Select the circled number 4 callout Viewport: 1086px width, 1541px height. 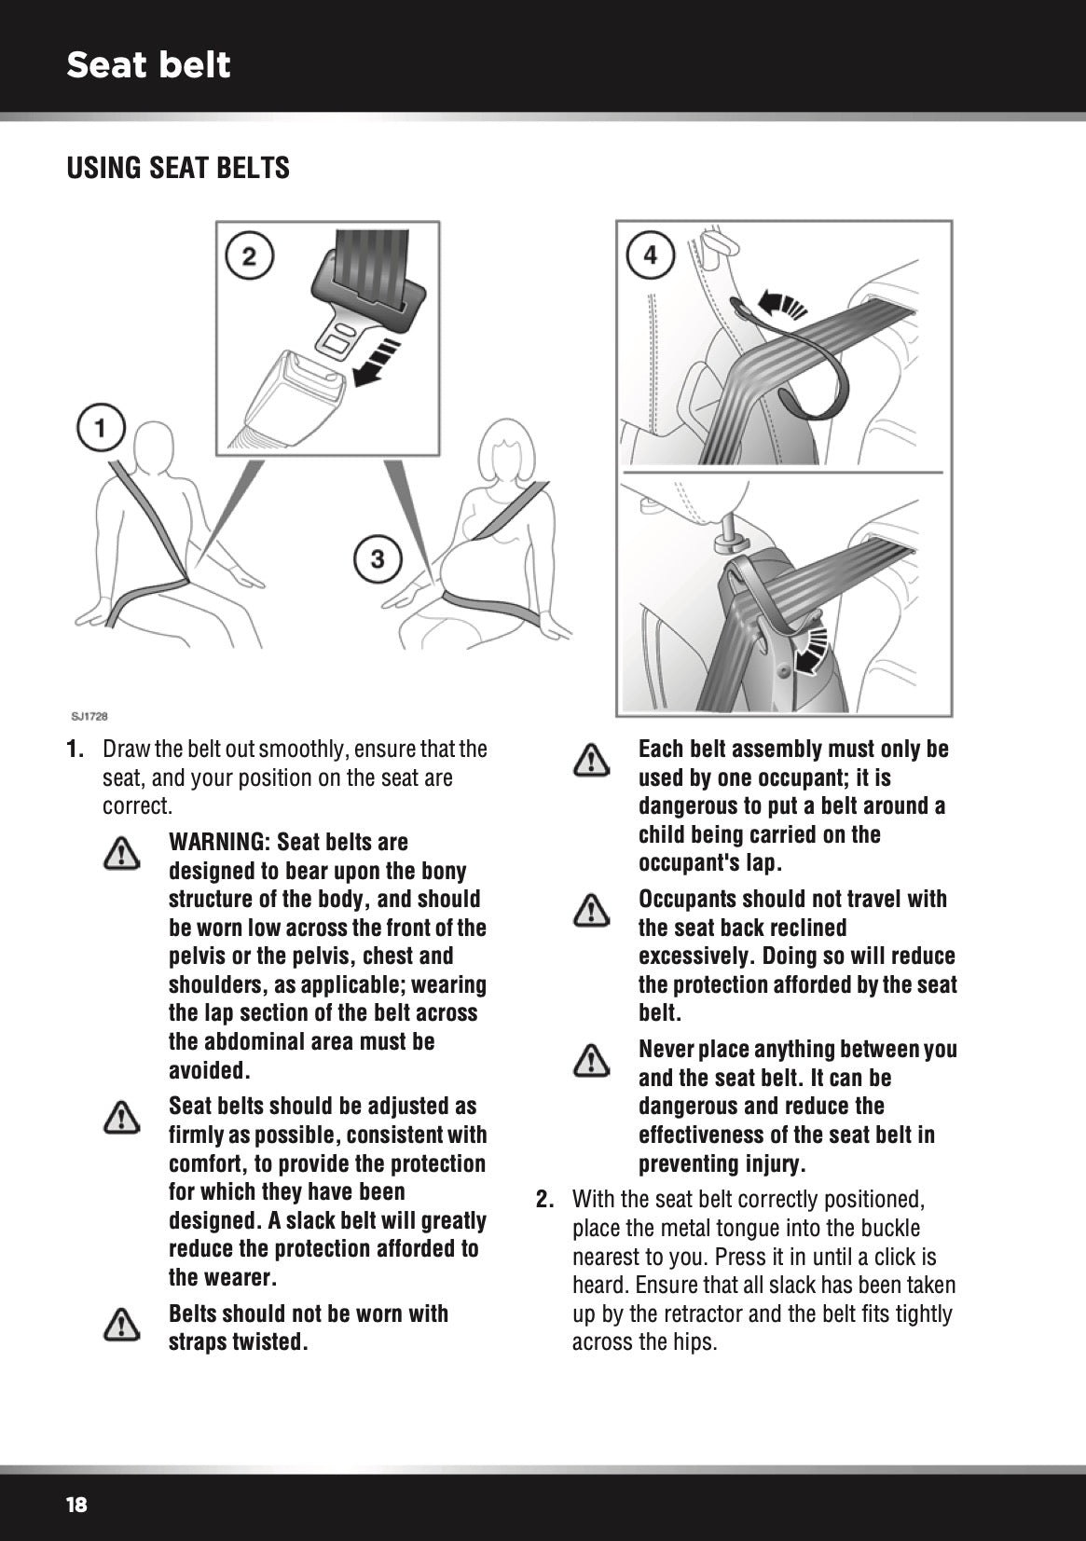point(650,254)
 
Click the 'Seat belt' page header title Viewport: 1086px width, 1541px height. point(148,65)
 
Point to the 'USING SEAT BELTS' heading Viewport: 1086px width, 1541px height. point(178,169)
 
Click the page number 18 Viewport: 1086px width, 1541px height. point(76,1505)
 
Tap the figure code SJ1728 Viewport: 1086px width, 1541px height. point(89,717)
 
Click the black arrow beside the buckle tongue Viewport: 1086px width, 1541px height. point(379,364)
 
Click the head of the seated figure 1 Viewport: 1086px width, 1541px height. point(155,447)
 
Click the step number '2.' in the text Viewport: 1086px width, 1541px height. point(547,1200)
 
